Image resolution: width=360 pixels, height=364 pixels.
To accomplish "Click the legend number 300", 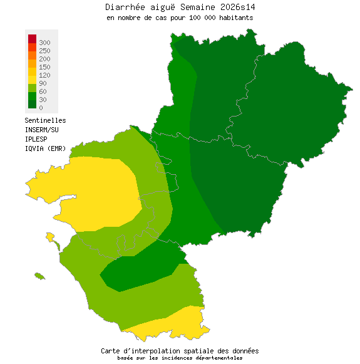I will tap(44, 43).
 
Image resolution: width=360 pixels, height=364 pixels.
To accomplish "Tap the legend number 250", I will tap(44, 51).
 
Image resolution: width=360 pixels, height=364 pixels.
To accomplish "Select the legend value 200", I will tap(44, 59).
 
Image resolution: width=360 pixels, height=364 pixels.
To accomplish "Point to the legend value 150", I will tap(44, 67).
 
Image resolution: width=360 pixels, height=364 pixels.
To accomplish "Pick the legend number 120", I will tap(44, 75).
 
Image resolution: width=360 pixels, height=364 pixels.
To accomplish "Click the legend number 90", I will tap(43, 83).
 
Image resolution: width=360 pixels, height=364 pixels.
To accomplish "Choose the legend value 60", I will tap(43, 91).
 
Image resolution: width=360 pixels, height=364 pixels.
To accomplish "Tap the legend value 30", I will tap(43, 100).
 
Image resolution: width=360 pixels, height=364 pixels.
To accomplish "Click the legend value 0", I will tap(41, 108).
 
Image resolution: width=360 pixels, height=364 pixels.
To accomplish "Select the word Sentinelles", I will tap(45, 120).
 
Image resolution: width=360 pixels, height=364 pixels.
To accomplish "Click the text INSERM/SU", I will tap(41, 130).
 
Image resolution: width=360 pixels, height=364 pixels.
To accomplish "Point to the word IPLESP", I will tap(36, 138).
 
